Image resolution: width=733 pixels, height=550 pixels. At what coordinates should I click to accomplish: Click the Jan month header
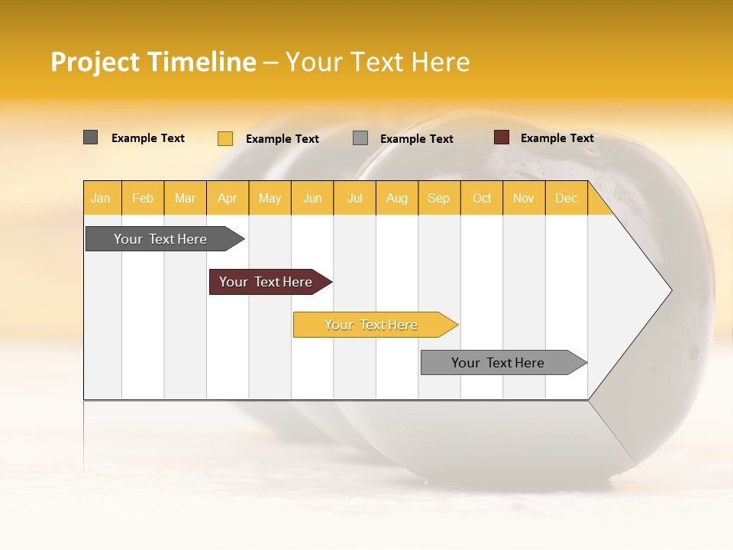point(101,198)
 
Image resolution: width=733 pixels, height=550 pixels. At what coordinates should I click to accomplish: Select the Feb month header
point(143,198)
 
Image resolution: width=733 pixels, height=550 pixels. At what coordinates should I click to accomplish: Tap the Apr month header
point(227,198)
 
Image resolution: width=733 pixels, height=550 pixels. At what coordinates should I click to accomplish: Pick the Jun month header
point(312,198)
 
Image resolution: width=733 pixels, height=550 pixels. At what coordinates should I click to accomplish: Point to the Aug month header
point(396,198)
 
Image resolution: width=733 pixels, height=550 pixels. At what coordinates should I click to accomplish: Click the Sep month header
point(438,198)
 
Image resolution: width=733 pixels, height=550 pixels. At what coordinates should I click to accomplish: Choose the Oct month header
point(482,198)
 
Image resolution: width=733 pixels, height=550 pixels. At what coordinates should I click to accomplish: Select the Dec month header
point(566,198)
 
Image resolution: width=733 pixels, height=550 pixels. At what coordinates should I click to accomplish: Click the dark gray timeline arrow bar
point(161,239)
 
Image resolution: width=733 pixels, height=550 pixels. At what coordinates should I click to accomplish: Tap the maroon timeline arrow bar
point(266,282)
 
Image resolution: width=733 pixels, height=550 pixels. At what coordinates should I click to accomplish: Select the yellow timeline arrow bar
point(372,325)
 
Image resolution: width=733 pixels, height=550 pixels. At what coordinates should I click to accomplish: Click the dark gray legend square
point(91,137)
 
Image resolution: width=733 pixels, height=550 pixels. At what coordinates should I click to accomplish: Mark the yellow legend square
point(225,138)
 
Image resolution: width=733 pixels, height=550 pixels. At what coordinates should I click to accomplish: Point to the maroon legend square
point(502,137)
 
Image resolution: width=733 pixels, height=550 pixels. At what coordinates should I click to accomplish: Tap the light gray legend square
point(360,138)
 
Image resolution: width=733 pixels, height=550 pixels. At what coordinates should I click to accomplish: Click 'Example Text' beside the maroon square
point(557,138)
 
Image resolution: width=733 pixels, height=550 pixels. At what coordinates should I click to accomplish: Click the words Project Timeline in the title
point(153,62)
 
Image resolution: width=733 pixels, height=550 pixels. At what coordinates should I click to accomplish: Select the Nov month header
point(524,198)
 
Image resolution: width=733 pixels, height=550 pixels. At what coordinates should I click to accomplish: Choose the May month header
point(270,198)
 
